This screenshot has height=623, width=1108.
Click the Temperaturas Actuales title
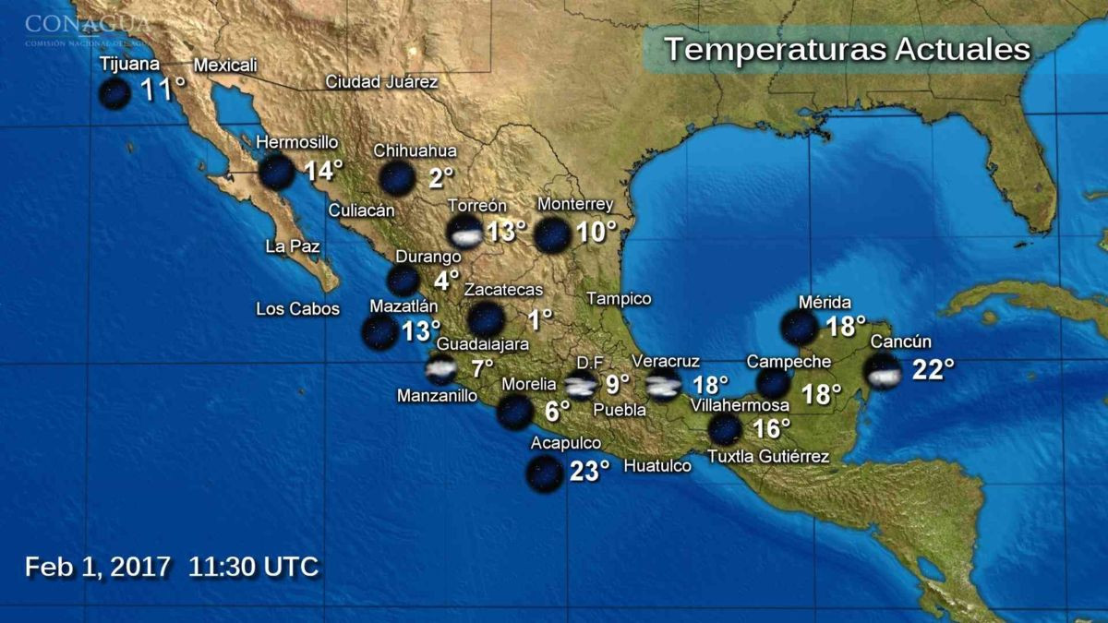847,49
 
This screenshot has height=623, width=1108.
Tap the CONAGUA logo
88,28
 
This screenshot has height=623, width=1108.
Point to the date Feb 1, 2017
98,566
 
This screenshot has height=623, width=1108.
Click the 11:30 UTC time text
254,566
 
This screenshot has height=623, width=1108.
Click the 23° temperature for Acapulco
589,472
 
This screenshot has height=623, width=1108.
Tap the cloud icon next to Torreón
464,233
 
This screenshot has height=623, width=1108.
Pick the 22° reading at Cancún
933,370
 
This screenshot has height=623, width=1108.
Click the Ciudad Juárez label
381,81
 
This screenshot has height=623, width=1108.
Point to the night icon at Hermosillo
276,173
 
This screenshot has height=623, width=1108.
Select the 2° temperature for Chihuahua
441,177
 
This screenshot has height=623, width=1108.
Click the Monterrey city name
574,204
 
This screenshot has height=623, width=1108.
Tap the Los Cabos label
297,309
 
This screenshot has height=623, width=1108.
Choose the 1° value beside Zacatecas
539,319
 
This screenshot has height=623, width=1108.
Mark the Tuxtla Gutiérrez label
767,456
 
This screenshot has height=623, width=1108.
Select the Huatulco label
657,466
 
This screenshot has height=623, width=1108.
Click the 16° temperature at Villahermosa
772,429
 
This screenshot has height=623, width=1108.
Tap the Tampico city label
619,299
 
